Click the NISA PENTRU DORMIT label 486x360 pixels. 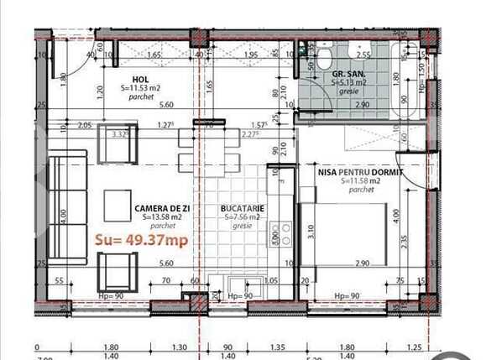click(x=360, y=171)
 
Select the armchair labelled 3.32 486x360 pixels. click(x=118, y=143)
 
